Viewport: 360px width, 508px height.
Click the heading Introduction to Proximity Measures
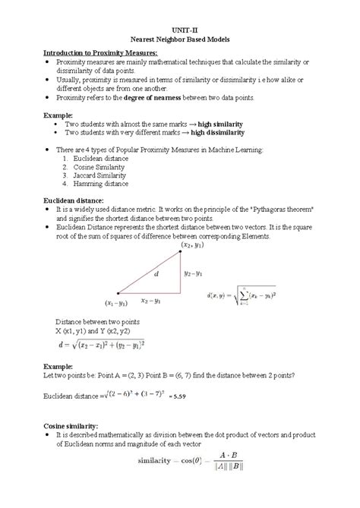tap(99, 52)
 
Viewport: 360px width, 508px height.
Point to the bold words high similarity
tap(221, 123)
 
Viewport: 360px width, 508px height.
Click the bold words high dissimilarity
tap(225, 132)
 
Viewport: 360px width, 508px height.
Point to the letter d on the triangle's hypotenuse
tap(156, 274)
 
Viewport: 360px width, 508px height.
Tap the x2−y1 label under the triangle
tap(152, 300)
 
